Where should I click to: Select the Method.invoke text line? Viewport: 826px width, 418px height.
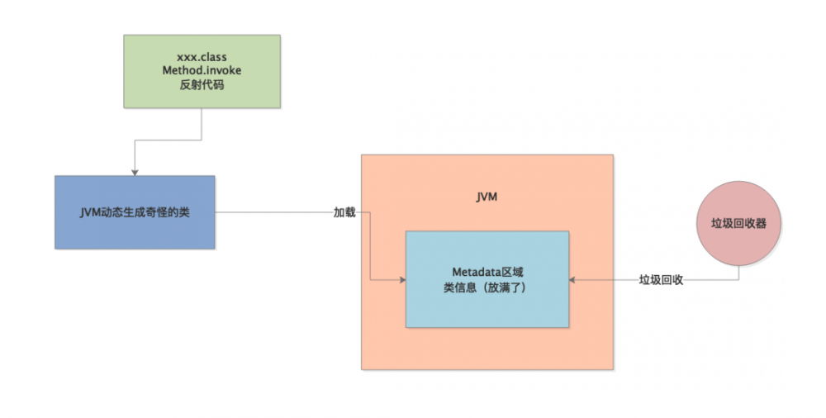click(202, 71)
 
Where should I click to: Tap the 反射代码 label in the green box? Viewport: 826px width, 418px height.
click(202, 85)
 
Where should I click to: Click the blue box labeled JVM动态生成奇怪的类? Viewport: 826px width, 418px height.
click(135, 212)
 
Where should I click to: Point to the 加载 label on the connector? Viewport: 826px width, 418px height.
click(344, 212)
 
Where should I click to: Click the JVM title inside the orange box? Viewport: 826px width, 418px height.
click(487, 198)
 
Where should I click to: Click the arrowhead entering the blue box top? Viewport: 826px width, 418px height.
click(135, 171)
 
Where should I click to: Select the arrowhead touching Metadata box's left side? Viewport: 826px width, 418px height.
click(401, 280)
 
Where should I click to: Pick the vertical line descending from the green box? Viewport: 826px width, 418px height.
click(202, 124)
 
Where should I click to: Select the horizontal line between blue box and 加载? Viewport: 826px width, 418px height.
click(273, 212)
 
